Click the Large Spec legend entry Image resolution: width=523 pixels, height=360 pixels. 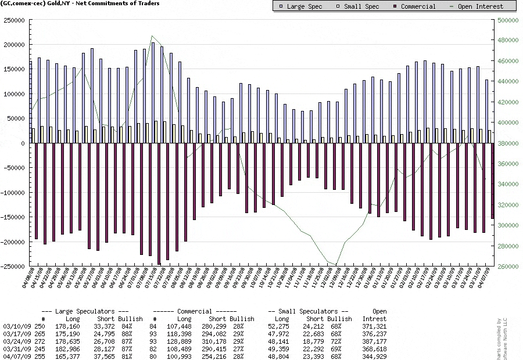300,6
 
